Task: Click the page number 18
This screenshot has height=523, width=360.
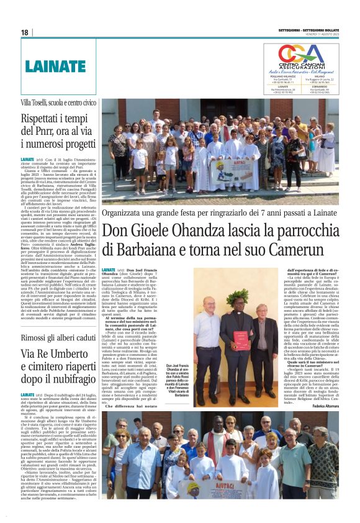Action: (x=25, y=32)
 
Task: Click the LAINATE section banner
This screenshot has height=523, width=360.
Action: (x=50, y=66)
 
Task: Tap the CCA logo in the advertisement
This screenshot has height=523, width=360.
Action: (x=301, y=55)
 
